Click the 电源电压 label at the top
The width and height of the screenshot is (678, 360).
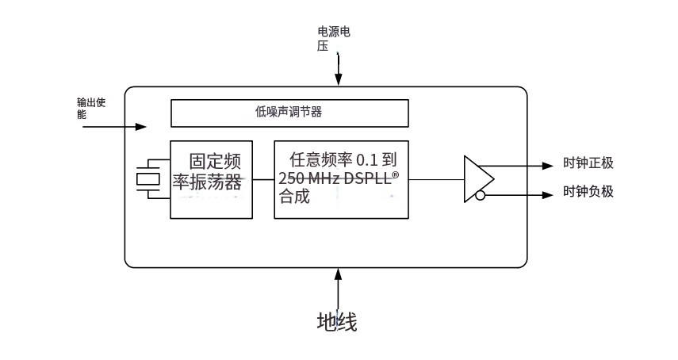(x=333, y=38)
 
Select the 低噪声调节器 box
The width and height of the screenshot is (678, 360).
(x=290, y=113)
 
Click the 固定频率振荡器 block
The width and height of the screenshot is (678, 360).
(x=211, y=180)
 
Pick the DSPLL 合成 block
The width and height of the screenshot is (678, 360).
(x=342, y=180)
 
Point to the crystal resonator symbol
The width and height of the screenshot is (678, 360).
(x=149, y=180)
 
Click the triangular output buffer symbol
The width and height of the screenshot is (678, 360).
(x=475, y=180)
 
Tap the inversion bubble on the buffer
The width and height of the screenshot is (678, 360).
(x=480, y=194)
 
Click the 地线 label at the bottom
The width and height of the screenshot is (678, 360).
(x=337, y=322)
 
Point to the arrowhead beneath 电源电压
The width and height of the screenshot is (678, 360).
(x=339, y=79)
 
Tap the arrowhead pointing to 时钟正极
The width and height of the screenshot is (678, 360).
(x=546, y=166)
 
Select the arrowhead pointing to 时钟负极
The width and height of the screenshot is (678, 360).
(x=546, y=194)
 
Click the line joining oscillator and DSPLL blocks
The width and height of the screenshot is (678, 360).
(x=263, y=180)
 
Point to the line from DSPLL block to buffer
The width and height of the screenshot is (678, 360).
(x=436, y=180)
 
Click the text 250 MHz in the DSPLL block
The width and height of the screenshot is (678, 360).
(x=309, y=179)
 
